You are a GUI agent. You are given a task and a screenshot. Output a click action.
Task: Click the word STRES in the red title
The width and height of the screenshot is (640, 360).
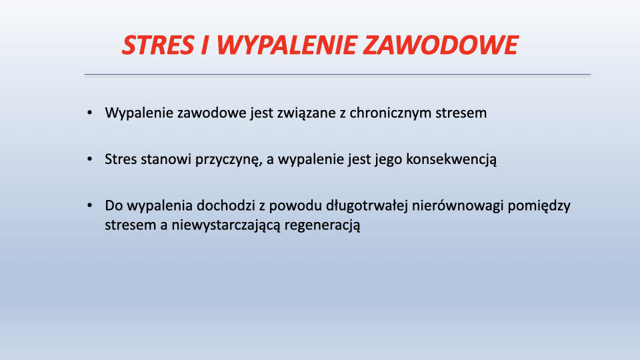pyautogui.click(x=158, y=45)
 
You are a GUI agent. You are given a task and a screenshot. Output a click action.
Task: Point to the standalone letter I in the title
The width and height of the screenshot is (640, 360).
pyautogui.click(x=205, y=45)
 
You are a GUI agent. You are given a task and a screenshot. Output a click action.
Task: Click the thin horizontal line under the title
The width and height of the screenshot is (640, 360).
pyautogui.click(x=337, y=74)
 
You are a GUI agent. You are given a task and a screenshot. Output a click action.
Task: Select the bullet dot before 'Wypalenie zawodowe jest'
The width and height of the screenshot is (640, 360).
pyautogui.click(x=90, y=113)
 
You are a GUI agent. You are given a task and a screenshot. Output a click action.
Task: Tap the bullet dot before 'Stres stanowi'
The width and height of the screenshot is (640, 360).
pyautogui.click(x=90, y=159)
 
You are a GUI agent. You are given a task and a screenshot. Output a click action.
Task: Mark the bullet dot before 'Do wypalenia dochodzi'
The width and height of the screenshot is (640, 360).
pyautogui.click(x=90, y=205)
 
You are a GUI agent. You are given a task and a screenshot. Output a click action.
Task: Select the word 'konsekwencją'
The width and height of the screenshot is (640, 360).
pyautogui.click(x=451, y=159)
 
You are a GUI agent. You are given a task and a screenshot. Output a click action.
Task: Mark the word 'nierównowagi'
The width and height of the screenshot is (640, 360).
pyautogui.click(x=457, y=206)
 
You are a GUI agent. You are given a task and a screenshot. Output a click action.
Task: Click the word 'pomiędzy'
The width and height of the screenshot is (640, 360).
pyautogui.click(x=539, y=206)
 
